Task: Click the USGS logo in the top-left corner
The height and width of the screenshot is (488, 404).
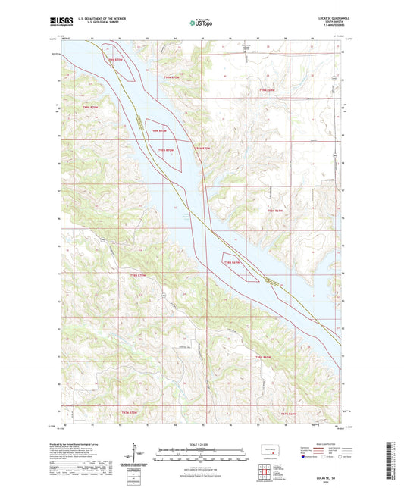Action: (x=61, y=23)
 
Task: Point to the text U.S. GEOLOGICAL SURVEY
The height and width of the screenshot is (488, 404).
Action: (x=93, y=26)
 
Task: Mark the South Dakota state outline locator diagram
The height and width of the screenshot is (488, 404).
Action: (x=268, y=449)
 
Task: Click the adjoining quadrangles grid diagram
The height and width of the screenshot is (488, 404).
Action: (x=268, y=470)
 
